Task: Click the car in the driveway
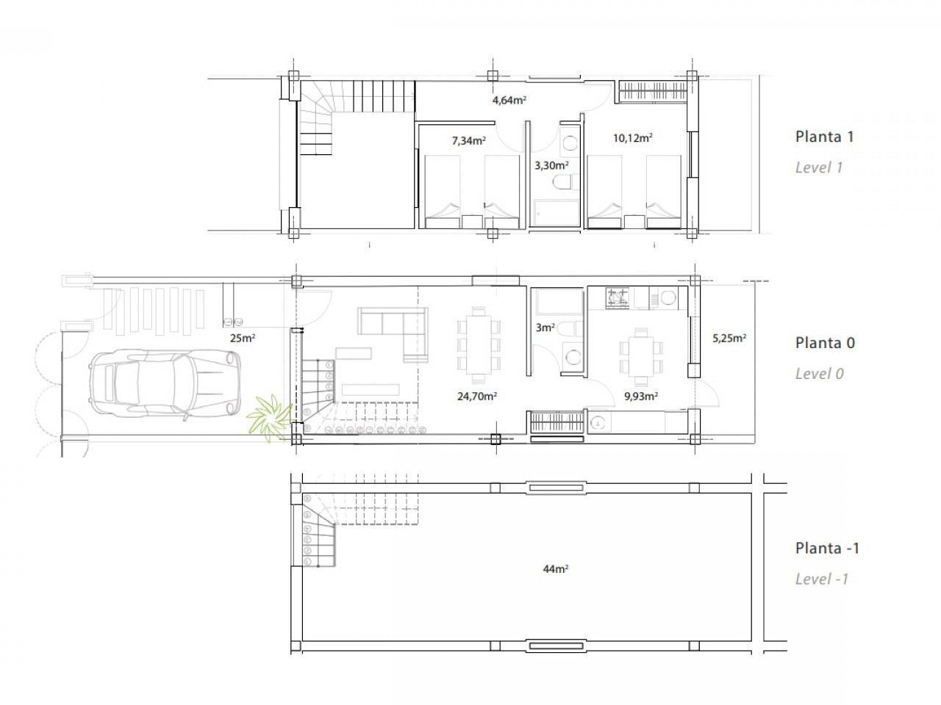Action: click(x=165, y=383)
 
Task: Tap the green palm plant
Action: click(x=269, y=418)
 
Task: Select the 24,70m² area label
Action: click(x=476, y=397)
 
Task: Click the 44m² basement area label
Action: click(x=556, y=569)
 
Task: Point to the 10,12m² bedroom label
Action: click(x=632, y=138)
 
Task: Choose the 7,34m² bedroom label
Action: click(x=468, y=140)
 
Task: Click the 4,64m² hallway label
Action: click(x=509, y=100)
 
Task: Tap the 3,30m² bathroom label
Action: click(x=551, y=165)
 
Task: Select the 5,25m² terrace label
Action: click(x=729, y=338)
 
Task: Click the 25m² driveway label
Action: click(x=243, y=338)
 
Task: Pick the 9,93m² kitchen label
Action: click(x=641, y=397)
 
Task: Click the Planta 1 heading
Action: click(x=824, y=137)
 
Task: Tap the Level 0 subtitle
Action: click(x=819, y=374)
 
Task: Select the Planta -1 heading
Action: click(x=827, y=549)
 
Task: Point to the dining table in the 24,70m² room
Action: click(x=479, y=344)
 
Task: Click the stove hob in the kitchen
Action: click(x=618, y=298)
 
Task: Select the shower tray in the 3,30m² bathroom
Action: click(x=555, y=213)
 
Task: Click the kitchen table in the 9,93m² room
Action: click(x=641, y=356)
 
